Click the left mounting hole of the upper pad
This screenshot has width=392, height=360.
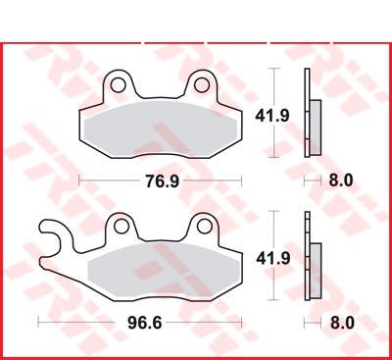point(118,85)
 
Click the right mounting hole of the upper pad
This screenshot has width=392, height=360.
point(202,85)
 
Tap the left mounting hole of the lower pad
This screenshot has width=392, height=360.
point(122,226)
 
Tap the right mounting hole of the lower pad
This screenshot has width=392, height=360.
point(205,226)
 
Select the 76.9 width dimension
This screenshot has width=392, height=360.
point(163,180)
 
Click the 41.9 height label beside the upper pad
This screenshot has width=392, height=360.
point(272,116)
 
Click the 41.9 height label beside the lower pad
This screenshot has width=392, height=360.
point(273,259)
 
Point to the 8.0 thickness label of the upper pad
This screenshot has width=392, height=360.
point(341,180)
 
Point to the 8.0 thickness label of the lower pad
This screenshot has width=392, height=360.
point(342,323)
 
